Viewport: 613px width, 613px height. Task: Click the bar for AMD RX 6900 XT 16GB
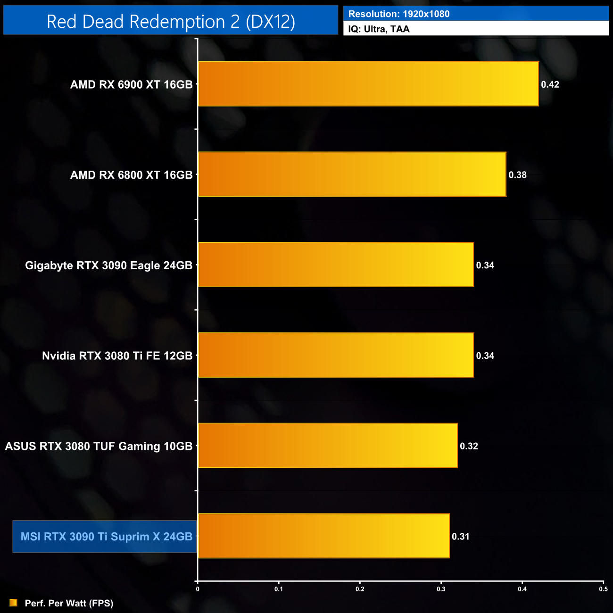pos(368,84)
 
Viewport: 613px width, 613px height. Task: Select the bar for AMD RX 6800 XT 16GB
pos(352,174)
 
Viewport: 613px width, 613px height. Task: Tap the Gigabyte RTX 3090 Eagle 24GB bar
pos(336,265)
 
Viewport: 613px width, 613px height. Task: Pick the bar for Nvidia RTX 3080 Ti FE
pos(336,355)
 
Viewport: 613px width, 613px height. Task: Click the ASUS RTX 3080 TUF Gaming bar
pos(328,446)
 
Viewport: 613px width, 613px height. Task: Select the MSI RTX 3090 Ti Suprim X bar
pos(323,536)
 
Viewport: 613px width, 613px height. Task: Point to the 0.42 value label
pos(550,84)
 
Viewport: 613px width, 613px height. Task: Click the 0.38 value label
pos(517,175)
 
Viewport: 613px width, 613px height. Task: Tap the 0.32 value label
pos(469,446)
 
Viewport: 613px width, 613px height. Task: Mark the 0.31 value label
pos(461,537)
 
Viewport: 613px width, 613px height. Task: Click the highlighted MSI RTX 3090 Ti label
pos(106,537)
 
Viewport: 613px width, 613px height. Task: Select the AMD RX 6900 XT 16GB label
pos(131,84)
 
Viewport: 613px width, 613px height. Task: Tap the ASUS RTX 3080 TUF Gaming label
pos(99,446)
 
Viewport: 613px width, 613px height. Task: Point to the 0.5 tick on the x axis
pos(603,589)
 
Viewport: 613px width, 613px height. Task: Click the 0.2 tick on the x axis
pos(360,589)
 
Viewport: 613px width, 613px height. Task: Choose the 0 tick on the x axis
pos(198,589)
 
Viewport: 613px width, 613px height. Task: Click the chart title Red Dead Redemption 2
pos(171,22)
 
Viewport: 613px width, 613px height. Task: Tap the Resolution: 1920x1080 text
pos(399,14)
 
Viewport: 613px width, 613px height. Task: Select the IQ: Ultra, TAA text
pos(379,29)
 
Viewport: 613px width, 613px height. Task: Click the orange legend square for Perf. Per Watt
pos(13,603)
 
